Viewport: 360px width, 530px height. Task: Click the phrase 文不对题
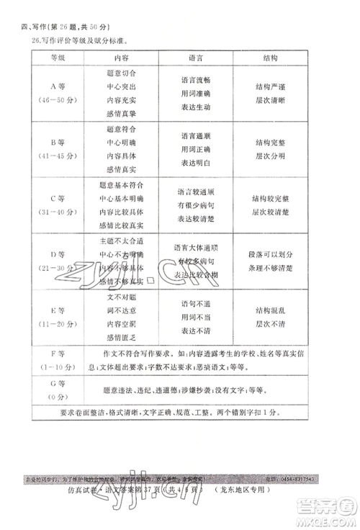(x=121, y=296)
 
